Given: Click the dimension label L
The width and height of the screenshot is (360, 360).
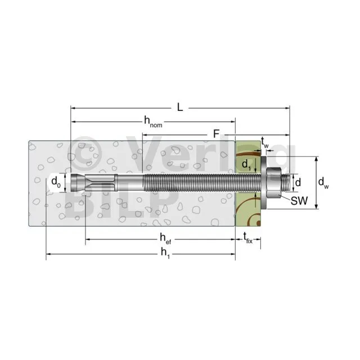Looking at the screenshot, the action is click(x=180, y=107).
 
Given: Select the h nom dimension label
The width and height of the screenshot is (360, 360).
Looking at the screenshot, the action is click(x=153, y=121).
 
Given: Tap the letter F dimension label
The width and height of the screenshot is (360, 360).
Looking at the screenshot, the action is click(x=216, y=134).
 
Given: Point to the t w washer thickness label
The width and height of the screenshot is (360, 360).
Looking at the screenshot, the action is click(x=265, y=142).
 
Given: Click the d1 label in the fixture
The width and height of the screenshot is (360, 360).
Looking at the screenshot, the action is click(x=246, y=165).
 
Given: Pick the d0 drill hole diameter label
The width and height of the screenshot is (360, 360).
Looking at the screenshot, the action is click(x=56, y=182).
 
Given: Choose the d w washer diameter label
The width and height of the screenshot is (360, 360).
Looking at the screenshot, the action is click(x=323, y=183).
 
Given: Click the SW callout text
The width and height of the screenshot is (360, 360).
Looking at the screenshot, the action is click(x=299, y=201).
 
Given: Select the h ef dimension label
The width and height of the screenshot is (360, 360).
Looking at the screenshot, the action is click(x=165, y=238).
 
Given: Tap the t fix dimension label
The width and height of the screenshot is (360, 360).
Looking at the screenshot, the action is click(x=248, y=238).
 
